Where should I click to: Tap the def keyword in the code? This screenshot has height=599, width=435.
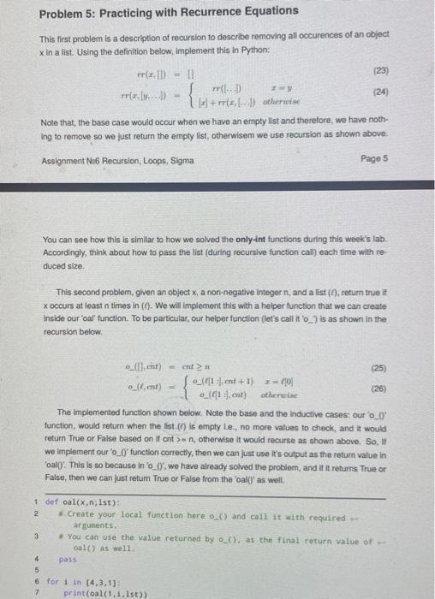[x=51, y=502]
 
